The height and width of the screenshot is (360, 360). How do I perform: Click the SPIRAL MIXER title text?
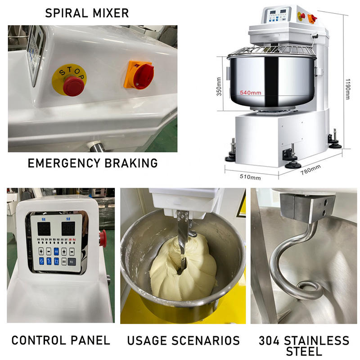pyautogui.click(x=87, y=13)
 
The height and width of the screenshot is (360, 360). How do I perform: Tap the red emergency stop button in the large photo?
pyautogui.click(x=73, y=85)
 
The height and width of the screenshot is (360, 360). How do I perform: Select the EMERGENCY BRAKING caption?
pyautogui.click(x=93, y=163)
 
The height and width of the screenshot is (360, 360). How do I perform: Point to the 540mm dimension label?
pyautogui.click(x=250, y=93)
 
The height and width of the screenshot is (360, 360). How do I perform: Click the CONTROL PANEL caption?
pyautogui.click(x=61, y=341)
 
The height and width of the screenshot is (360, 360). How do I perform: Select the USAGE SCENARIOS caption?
pyautogui.click(x=183, y=341)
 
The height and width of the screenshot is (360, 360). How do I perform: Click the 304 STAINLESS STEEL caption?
pyautogui.click(x=304, y=345)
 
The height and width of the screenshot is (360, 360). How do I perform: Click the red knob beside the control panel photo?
pyautogui.click(x=103, y=238)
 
